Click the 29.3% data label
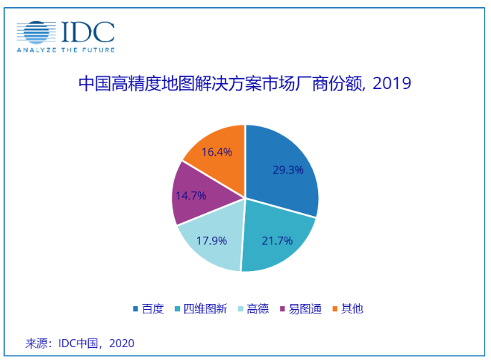point(288,170)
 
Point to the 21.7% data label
point(277,241)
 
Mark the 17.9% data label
point(213,240)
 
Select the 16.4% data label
point(216,152)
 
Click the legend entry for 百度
point(148,309)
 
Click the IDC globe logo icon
point(34,32)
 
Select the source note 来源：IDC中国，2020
point(80,343)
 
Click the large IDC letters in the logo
point(87,32)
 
